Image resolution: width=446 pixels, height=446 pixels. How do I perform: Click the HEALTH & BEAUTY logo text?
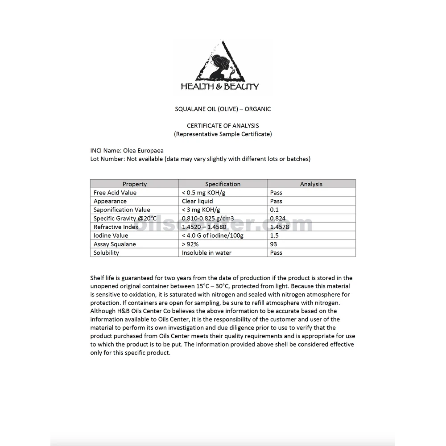tap(219, 87)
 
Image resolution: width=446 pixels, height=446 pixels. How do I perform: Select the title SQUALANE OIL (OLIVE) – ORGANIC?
tap(223, 109)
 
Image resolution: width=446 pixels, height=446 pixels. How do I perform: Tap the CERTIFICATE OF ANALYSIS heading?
tap(223, 126)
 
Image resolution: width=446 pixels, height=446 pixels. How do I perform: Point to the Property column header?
tap(134, 184)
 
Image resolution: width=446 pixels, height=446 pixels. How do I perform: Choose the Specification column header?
tap(223, 184)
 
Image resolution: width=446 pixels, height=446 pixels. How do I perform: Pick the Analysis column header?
tap(311, 184)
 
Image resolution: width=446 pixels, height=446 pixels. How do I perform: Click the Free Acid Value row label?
tap(115, 193)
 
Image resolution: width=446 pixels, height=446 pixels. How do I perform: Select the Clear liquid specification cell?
tap(197, 201)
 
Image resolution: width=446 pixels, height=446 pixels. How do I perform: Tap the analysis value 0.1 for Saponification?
tap(274, 210)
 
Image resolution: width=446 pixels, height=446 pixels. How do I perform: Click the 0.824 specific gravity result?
tap(278, 218)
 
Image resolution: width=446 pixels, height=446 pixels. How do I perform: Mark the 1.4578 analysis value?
tap(280, 227)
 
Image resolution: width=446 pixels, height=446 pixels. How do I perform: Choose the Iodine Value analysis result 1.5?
tap(274, 235)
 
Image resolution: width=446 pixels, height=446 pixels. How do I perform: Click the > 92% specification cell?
tap(190, 244)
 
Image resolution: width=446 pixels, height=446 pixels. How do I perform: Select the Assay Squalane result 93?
tap(273, 244)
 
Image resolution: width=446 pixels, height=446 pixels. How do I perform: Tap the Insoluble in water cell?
tap(206, 252)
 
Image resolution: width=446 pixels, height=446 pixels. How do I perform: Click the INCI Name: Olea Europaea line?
tap(127, 151)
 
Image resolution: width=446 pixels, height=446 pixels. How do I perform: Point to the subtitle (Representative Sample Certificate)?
tap(223, 134)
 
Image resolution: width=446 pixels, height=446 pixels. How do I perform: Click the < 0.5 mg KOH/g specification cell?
tap(204, 193)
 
